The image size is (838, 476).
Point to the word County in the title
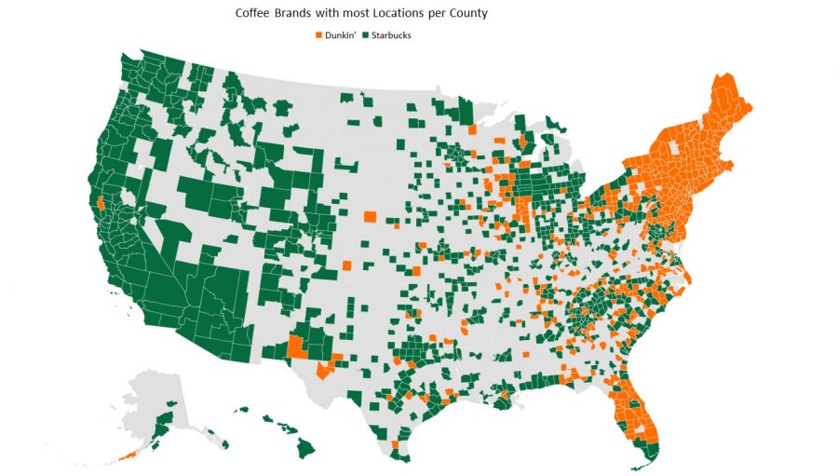click(x=466, y=15)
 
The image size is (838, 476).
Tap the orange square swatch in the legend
click(x=318, y=35)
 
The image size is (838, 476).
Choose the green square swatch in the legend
click(x=366, y=35)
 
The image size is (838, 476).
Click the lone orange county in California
click(x=100, y=202)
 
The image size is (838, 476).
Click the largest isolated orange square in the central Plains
click(x=370, y=217)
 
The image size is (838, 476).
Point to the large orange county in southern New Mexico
click(x=297, y=347)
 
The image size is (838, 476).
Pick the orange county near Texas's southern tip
click(x=395, y=445)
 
